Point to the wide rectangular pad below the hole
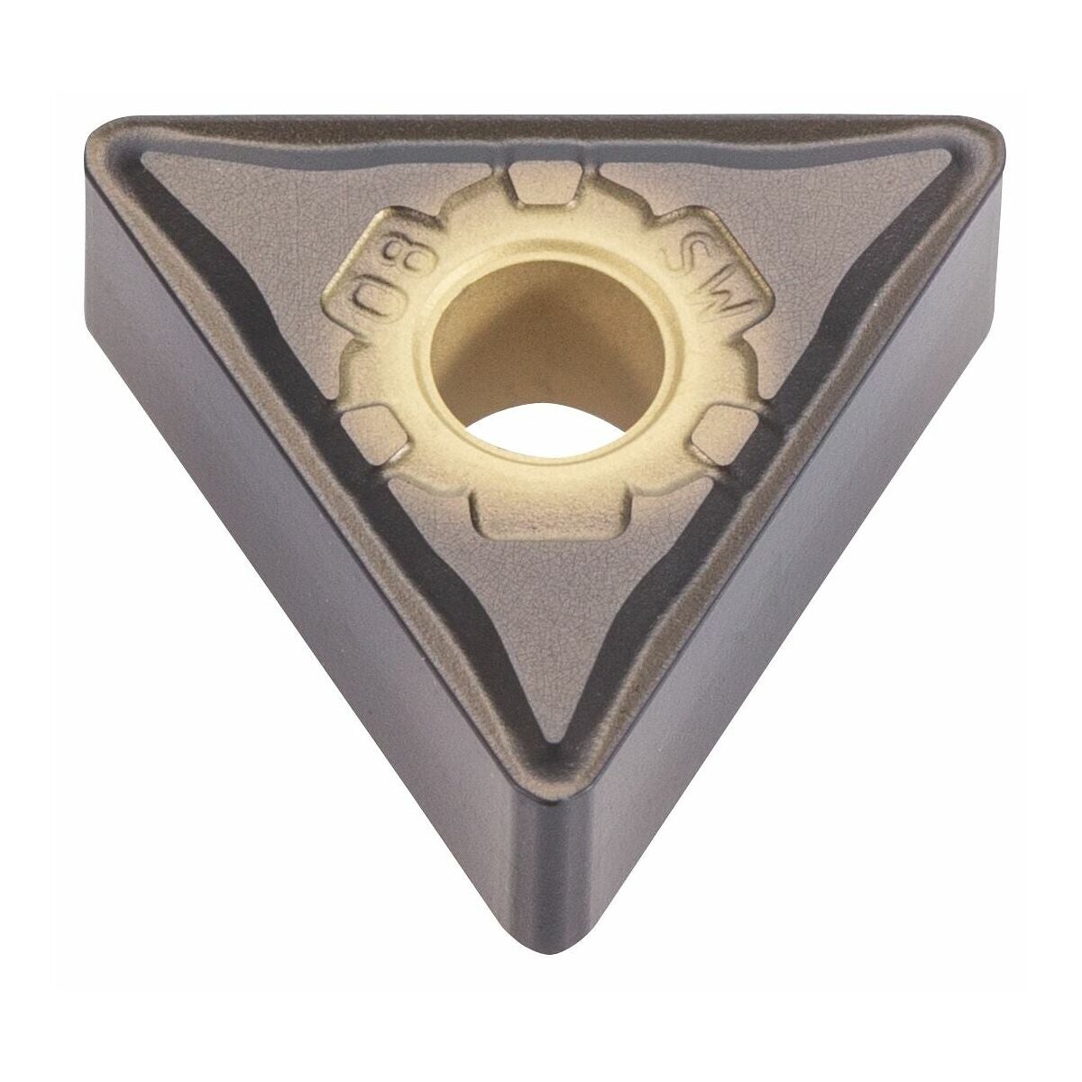pyautogui.click(x=549, y=518)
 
